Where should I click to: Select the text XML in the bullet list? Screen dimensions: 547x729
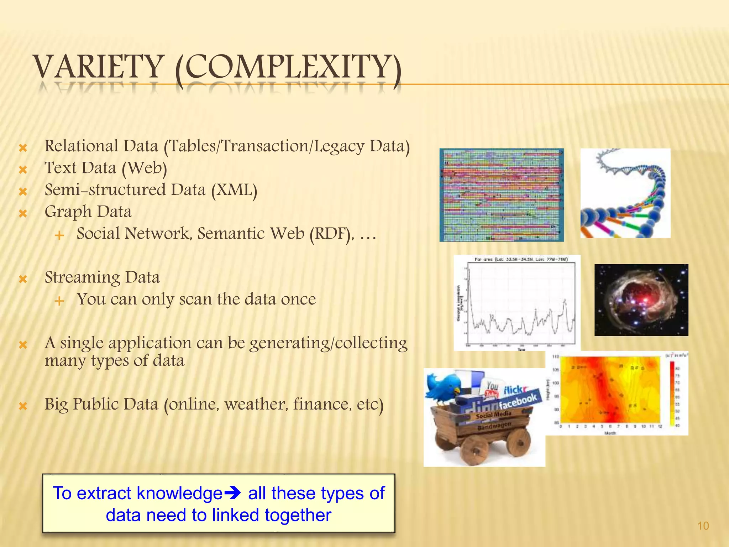(234, 190)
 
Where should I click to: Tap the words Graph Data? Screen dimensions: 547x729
(88, 212)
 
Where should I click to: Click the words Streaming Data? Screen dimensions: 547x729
(102, 277)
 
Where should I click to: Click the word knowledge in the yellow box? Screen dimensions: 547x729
(180, 494)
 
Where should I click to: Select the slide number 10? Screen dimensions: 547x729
(703, 526)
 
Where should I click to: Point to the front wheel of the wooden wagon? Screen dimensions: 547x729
(476, 450)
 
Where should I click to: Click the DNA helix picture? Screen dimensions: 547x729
(625, 193)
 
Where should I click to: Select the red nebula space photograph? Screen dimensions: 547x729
(641, 300)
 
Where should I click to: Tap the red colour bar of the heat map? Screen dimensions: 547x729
(672, 392)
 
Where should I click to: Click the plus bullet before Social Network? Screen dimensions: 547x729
(59, 235)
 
